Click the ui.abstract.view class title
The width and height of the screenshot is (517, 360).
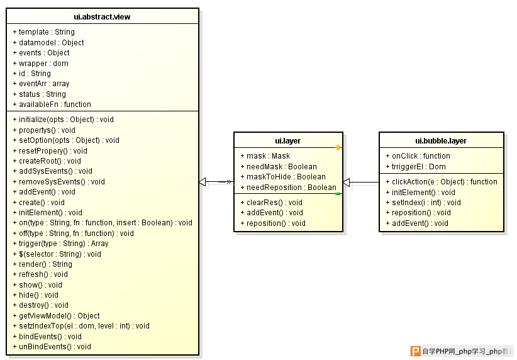[x=102, y=17]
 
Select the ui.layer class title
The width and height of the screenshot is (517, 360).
[x=288, y=141]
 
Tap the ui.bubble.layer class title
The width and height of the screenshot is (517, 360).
[x=441, y=141]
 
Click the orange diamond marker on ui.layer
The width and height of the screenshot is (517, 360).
[x=338, y=147]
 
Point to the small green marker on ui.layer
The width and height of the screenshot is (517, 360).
[x=338, y=194]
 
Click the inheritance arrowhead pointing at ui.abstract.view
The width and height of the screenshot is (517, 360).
[x=203, y=182]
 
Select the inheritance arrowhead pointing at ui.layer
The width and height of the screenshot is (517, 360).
[x=347, y=182]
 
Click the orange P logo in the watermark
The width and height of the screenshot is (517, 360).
[x=416, y=351]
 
